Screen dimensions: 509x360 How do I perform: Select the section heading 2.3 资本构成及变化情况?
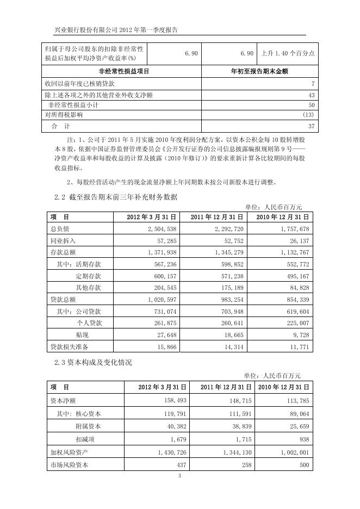pyautogui.click(x=93, y=362)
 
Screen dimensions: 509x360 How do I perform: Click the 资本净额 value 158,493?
pyautogui.click(x=175, y=401)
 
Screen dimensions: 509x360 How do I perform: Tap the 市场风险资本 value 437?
pyautogui.click(x=182, y=465)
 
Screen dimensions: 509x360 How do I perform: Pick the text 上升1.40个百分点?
pyautogui.click(x=288, y=53)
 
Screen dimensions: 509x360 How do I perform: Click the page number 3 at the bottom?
pyautogui.click(x=179, y=477)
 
